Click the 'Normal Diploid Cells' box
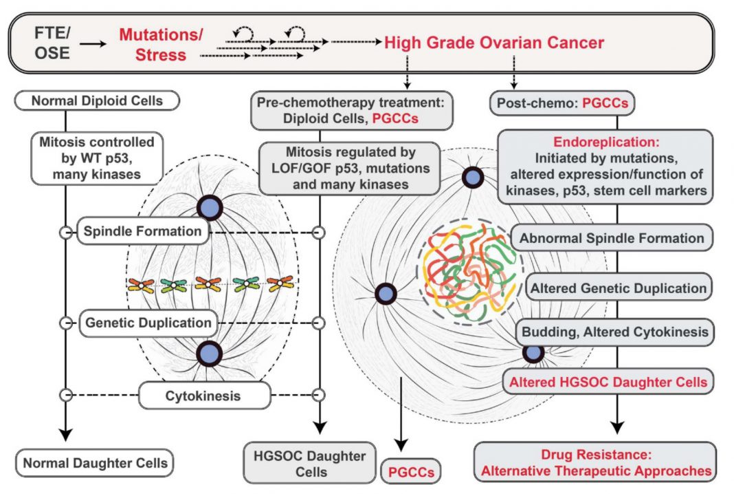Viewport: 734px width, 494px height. [97, 100]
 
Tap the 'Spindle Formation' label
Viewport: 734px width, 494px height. [143, 231]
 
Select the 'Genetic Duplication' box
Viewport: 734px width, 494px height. [148, 323]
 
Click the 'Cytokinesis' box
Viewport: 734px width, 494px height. [203, 396]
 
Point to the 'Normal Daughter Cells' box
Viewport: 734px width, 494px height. [95, 463]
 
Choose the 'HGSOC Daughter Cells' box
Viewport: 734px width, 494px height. [310, 463]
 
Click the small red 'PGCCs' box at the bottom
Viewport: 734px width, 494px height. [412, 471]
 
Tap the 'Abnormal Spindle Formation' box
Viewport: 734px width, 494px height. [612, 238]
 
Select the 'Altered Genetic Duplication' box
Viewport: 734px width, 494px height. [618, 288]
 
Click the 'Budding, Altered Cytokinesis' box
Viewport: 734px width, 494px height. [614, 332]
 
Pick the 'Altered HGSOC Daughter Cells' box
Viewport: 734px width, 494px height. [608, 382]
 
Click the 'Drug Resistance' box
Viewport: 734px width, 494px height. [595, 462]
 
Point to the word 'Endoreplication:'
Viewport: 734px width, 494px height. [606, 142]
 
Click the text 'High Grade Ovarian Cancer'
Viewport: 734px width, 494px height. [494, 43]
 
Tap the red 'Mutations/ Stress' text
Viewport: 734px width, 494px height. [161, 45]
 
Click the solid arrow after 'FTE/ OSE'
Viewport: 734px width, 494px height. [93, 44]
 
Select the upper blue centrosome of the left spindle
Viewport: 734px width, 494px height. [210, 208]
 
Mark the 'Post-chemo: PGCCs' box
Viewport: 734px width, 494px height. [562, 103]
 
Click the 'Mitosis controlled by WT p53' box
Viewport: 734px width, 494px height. [97, 158]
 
